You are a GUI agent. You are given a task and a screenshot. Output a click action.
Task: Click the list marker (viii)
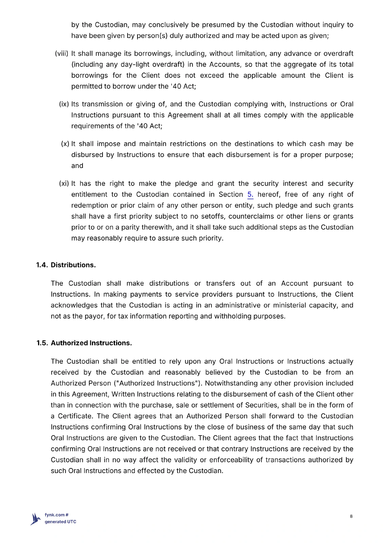61,54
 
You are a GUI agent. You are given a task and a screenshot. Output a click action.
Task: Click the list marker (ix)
64,104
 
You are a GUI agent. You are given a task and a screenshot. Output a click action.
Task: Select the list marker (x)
65,144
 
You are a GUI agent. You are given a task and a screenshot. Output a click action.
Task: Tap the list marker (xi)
64,184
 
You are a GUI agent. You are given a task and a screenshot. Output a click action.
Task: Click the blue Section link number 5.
250,194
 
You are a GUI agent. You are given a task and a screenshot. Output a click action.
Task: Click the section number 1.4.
42,265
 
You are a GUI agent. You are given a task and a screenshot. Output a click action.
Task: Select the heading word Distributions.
73,265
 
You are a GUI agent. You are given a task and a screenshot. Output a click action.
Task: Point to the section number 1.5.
42,343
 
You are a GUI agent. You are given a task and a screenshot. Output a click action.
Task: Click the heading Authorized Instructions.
91,343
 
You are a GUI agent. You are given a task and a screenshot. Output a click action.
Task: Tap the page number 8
351,516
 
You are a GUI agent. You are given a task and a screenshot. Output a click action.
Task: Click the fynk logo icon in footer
35,519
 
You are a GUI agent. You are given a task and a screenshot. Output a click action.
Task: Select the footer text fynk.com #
57,515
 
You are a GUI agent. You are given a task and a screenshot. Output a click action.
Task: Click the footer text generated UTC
60,522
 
